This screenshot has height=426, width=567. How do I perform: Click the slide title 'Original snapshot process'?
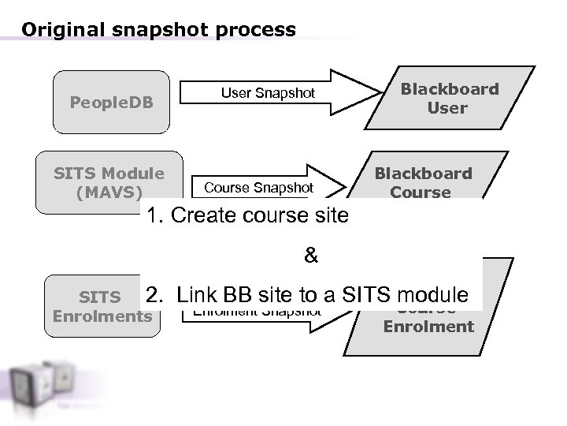click(158, 30)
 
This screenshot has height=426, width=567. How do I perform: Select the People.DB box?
click(110, 103)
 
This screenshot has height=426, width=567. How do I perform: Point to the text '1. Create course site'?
click(247, 215)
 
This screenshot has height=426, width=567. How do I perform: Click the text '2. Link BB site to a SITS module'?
click(307, 296)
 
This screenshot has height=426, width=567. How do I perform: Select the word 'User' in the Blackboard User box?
click(447, 108)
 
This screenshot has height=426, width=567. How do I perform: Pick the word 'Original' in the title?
click(61, 30)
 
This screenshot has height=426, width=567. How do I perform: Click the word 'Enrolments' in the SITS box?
click(102, 316)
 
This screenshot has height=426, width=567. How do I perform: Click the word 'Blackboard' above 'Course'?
click(423, 173)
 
